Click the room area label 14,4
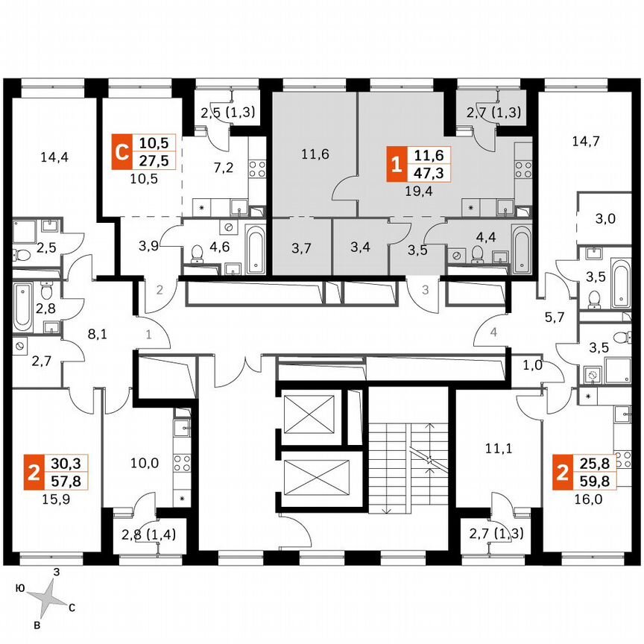pos(50,157)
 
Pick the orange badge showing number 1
pos(394,165)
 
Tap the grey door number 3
pos(425,290)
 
